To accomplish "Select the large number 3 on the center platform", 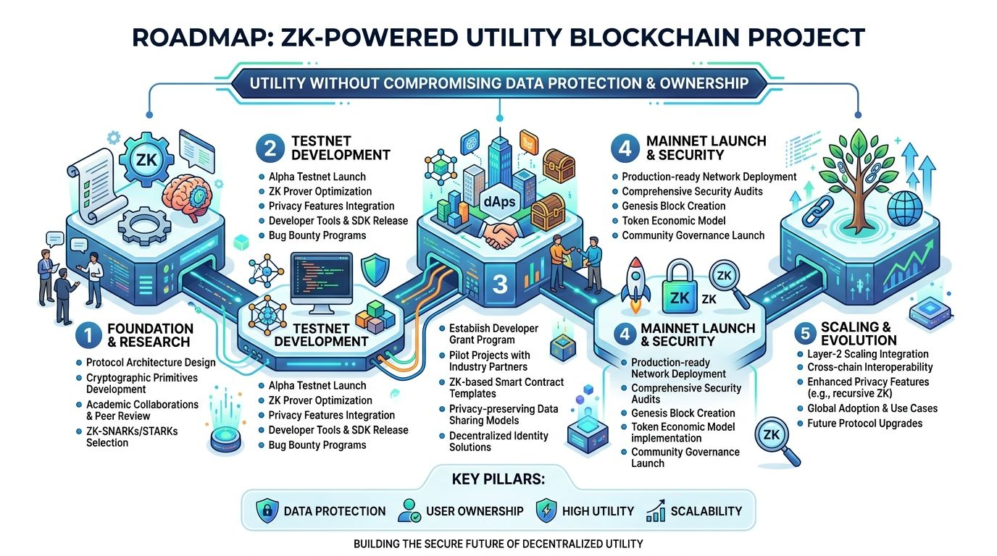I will click(x=499, y=284).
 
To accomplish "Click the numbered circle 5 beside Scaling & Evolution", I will click(x=806, y=334).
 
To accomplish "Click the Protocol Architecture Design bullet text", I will click(x=151, y=362).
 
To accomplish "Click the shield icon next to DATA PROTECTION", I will click(x=267, y=511).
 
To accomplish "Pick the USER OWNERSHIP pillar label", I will click(x=474, y=511).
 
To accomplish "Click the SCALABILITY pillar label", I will click(x=706, y=511).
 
